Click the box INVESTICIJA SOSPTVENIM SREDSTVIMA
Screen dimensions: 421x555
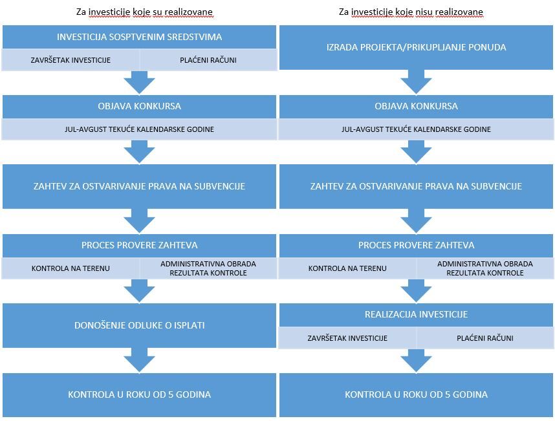coord(139,37)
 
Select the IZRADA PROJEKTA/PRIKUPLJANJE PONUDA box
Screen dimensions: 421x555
coord(416,47)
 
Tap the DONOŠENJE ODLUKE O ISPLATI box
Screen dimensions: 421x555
coord(139,325)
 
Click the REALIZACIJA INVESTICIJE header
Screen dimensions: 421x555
coord(416,314)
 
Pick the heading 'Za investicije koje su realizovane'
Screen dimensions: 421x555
coord(144,12)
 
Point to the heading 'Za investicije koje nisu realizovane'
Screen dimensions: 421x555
coord(411,12)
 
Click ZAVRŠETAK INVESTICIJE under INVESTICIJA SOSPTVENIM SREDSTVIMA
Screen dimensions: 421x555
coord(71,60)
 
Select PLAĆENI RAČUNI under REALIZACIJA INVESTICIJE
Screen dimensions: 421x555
coord(485,338)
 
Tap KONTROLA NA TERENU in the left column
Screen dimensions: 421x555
coord(71,268)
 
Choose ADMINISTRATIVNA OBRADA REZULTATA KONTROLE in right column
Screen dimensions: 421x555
coord(485,268)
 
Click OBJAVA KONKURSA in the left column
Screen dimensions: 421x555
coord(139,106)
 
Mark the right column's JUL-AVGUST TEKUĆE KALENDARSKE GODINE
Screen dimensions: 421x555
coord(416,129)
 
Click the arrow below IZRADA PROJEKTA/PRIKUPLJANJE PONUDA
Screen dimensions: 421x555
coord(416,82)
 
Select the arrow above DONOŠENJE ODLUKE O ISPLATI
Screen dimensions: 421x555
coord(139,291)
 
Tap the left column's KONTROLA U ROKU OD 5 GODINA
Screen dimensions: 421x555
coord(139,394)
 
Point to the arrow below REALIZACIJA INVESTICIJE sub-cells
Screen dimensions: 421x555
coord(416,360)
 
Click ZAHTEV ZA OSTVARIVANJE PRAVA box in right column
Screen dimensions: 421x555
coord(416,186)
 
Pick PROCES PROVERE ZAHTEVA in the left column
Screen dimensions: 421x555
coord(139,245)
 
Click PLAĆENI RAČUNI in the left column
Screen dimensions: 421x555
coord(208,60)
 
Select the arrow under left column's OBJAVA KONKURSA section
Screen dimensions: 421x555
coord(139,152)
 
